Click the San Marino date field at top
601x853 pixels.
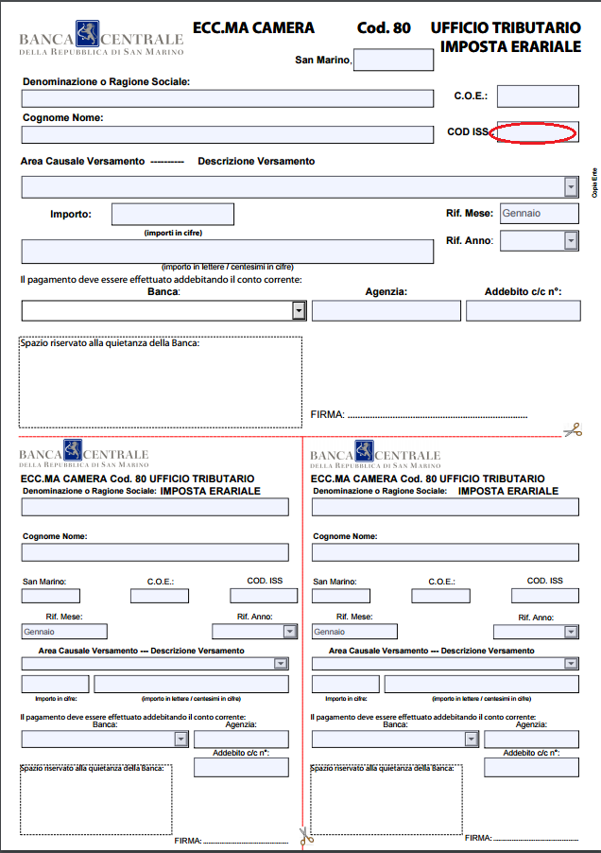click(393, 60)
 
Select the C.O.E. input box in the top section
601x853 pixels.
click(538, 96)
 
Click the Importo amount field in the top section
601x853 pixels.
click(172, 214)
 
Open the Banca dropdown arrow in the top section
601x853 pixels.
click(299, 310)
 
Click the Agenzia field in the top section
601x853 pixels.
click(386, 310)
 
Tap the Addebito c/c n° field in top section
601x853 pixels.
click(523, 310)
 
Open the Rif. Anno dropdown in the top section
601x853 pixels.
click(571, 240)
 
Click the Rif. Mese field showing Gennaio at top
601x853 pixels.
click(539, 213)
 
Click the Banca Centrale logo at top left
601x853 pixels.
click(101, 38)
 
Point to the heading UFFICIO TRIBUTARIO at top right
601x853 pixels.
click(506, 28)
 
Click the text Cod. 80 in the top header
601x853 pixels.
click(384, 28)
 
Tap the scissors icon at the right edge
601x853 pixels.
click(573, 429)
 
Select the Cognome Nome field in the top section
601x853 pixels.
click(227, 134)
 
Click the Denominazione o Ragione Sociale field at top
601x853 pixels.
click(227, 96)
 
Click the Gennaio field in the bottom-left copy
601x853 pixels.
click(64, 631)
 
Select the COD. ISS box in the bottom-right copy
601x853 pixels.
click(544, 596)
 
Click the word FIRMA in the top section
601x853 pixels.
click(327, 414)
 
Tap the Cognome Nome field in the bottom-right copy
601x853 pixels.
click(445, 552)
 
